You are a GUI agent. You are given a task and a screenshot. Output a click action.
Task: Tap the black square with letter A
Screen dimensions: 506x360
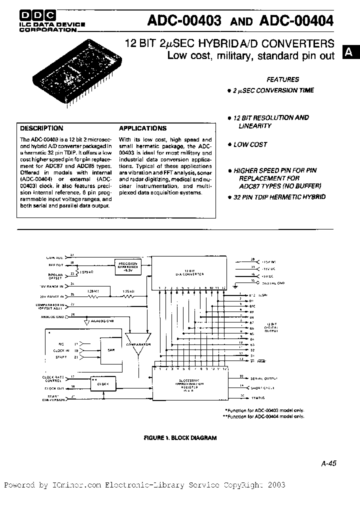pos(350,51)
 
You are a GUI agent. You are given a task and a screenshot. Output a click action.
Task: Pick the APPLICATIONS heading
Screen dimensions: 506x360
pos(142,128)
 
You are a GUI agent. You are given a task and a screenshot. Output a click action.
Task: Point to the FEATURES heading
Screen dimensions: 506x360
pos(282,79)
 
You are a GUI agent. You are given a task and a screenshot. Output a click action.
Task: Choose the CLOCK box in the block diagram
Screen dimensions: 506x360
pos(103,383)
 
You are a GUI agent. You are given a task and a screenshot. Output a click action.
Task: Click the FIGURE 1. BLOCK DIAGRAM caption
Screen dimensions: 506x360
pos(180,437)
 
